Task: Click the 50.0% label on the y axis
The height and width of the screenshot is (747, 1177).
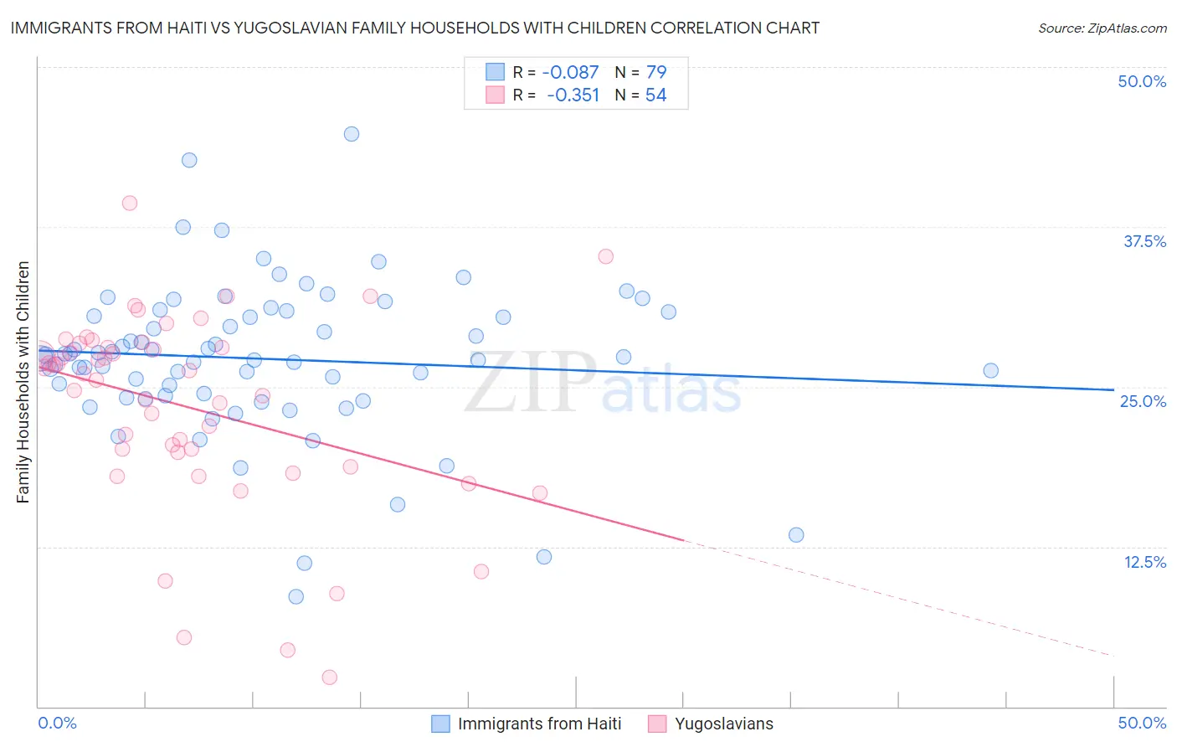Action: (1142, 81)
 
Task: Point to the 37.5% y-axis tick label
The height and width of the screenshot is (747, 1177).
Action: (1144, 241)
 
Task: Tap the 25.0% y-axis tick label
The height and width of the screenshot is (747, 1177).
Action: (1143, 401)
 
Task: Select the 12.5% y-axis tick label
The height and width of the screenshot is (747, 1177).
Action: (1144, 562)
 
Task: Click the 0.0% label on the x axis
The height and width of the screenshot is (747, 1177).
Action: (57, 723)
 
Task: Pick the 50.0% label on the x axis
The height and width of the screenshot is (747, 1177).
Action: (1142, 723)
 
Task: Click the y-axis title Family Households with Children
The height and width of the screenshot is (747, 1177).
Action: (23, 382)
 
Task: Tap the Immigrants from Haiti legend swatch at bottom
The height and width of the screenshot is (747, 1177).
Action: (441, 724)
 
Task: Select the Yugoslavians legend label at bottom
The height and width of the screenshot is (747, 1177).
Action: (724, 724)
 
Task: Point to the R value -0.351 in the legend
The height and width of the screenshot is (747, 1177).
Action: (573, 95)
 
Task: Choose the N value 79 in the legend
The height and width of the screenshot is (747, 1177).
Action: (656, 72)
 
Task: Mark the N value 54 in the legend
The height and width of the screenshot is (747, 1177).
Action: (656, 95)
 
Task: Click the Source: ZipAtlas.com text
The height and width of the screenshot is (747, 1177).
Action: (1102, 28)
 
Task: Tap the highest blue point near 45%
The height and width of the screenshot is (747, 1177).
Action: (352, 134)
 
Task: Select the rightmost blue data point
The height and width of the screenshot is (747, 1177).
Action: (990, 370)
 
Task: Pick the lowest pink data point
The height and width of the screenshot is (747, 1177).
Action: (330, 677)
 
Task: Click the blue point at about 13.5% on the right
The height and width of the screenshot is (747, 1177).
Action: (796, 534)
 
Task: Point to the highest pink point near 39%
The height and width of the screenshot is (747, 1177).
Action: (129, 203)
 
